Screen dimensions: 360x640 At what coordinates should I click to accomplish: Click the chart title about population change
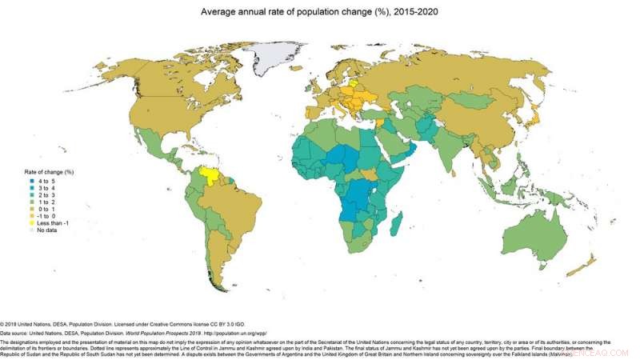pyautogui.click(x=320, y=12)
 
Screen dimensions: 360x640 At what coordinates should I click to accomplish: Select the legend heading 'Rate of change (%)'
pyautogui.click(x=49, y=172)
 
